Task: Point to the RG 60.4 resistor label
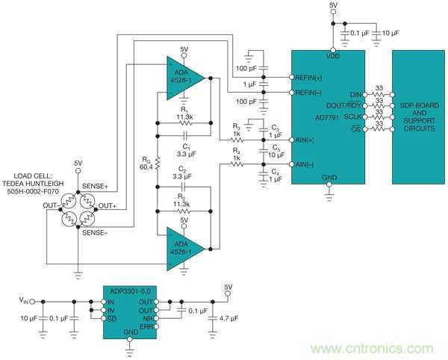pyautogui.click(x=146, y=162)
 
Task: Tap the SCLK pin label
pyautogui.click(x=351, y=117)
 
